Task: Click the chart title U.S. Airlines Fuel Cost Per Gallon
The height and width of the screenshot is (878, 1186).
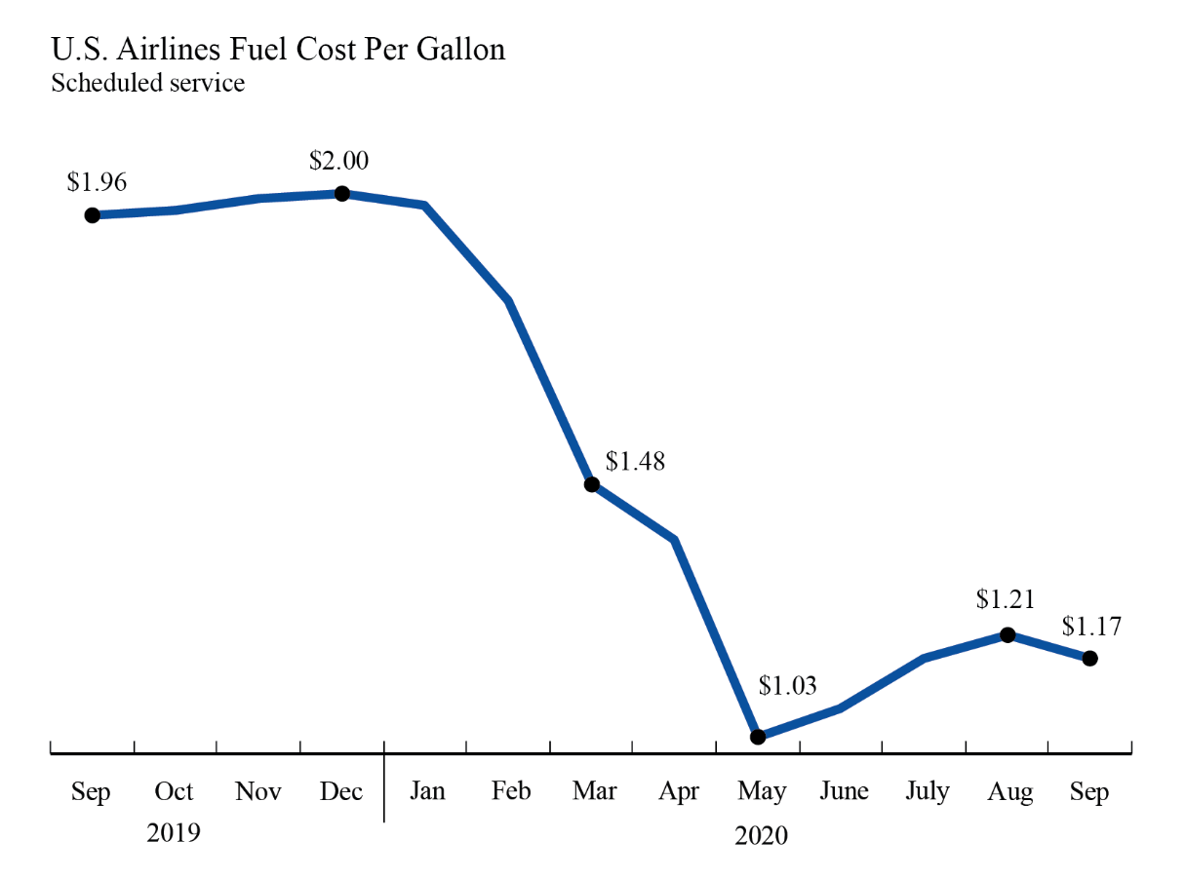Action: (278, 49)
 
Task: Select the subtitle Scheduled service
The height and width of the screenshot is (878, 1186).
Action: (147, 83)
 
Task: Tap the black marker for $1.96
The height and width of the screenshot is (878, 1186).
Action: (92, 214)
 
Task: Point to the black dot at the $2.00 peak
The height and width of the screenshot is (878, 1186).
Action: (342, 193)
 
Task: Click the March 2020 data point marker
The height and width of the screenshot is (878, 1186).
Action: (591, 484)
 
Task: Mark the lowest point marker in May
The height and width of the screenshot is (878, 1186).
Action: (758, 737)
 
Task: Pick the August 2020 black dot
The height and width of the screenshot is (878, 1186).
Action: (1008, 634)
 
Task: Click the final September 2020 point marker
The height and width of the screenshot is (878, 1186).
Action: (1090, 658)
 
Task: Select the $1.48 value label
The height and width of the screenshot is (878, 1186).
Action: (635, 461)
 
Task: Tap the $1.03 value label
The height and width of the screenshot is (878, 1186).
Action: (788, 686)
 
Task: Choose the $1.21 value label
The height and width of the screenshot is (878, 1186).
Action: (1006, 599)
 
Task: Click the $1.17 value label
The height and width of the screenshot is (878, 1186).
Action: (1091, 625)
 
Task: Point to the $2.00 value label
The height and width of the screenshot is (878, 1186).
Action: (338, 160)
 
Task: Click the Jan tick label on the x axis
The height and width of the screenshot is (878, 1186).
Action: (426, 791)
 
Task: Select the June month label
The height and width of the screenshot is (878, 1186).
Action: (843, 791)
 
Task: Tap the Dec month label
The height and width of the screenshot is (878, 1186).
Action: (341, 791)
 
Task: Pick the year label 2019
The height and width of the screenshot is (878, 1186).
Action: (174, 833)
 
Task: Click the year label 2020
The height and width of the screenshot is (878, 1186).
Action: (761, 836)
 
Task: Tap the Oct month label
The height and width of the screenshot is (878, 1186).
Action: (174, 791)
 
